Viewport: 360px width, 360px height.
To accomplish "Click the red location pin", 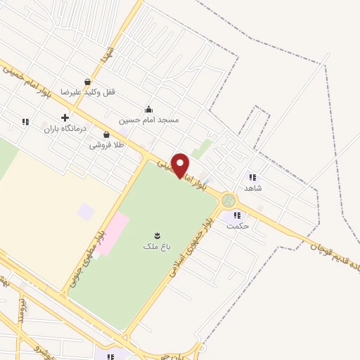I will coord(180,165).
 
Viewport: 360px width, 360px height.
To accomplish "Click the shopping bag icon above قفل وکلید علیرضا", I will coord(87,81).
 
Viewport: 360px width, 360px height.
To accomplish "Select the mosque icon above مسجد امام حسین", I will coord(148,109).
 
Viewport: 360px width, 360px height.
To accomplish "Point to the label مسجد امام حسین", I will coord(148,120).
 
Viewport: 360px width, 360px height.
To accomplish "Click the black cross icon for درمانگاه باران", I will coord(65,117).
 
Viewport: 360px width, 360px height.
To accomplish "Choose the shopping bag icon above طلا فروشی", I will coord(106,134).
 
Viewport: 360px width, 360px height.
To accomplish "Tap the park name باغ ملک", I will coord(155,246).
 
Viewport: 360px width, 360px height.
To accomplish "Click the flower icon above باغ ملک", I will coord(156,235).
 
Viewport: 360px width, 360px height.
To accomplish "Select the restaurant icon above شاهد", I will coord(252,177).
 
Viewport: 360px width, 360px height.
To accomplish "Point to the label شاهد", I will coord(252,188).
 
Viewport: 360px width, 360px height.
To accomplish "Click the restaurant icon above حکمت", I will coord(236,215).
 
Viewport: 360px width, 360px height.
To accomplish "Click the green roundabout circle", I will coord(229,201).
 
